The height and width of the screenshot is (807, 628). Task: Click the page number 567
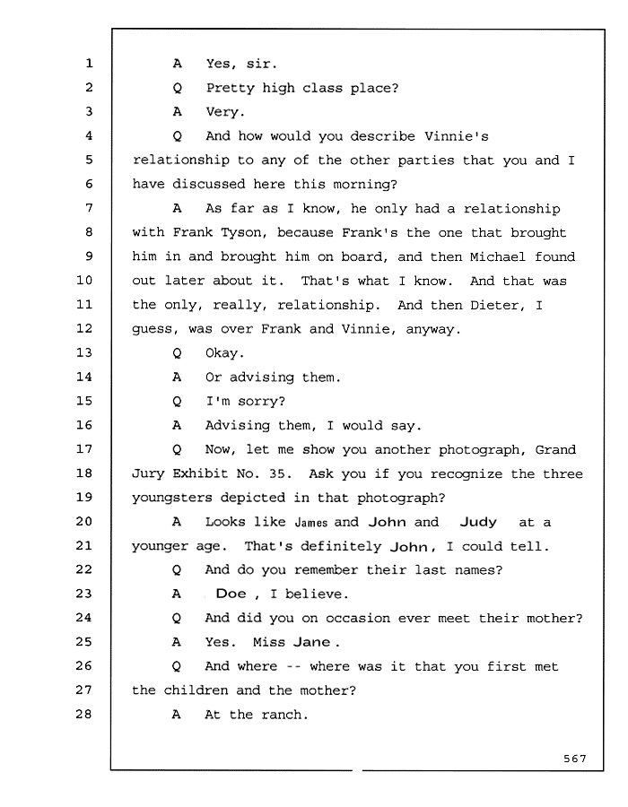pyautogui.click(x=574, y=759)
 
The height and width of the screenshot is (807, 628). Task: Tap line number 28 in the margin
pyautogui.click(x=84, y=714)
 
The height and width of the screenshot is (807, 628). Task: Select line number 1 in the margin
pyautogui.click(x=89, y=64)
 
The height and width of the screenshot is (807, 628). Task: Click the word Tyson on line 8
pyautogui.click(x=243, y=232)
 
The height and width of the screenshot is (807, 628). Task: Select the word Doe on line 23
pyautogui.click(x=231, y=594)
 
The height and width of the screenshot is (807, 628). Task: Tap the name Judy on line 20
pyautogui.click(x=478, y=523)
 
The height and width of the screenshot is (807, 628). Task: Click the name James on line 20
pyautogui.click(x=311, y=523)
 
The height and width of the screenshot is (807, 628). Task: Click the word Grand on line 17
pyautogui.click(x=555, y=450)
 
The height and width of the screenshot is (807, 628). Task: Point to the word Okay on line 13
pyautogui.click(x=224, y=353)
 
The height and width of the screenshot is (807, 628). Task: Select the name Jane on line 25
pyautogui.click(x=311, y=642)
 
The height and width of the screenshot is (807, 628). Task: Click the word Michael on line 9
pyautogui.click(x=497, y=256)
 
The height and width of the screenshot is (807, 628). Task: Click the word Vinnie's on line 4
pyautogui.click(x=457, y=136)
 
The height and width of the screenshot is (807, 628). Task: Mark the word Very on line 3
pyautogui.click(x=225, y=112)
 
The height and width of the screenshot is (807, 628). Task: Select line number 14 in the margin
pyautogui.click(x=84, y=377)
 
